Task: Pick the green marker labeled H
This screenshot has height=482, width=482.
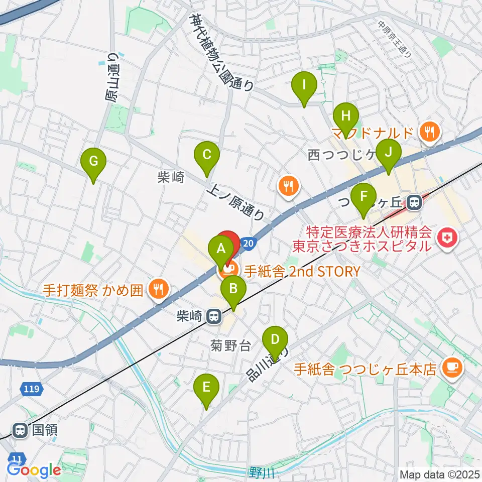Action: [x=345, y=116]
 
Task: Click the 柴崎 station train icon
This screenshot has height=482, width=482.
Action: [x=214, y=316]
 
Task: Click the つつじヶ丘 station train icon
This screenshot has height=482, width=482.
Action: [x=414, y=202]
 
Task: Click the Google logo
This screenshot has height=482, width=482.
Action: [x=34, y=470]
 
